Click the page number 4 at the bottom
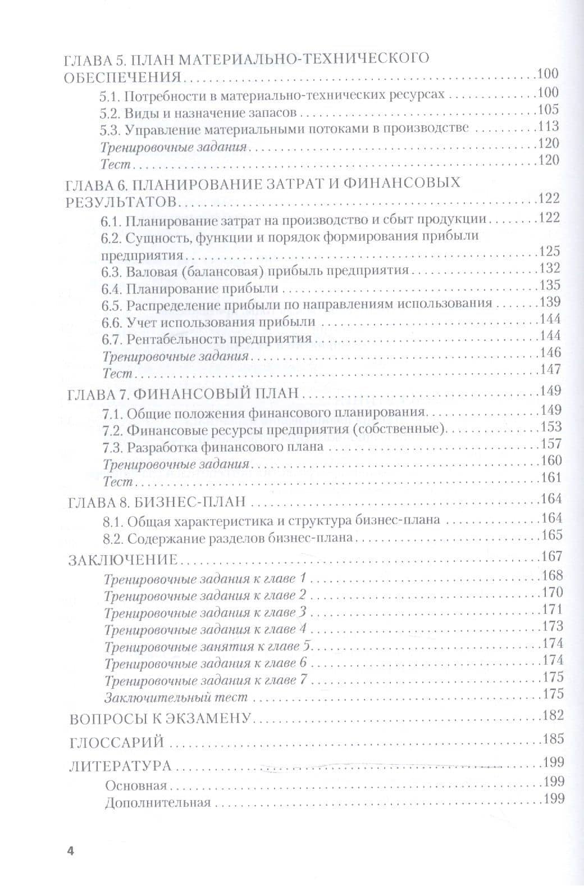[x=70, y=850]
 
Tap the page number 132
[x=550, y=269]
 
